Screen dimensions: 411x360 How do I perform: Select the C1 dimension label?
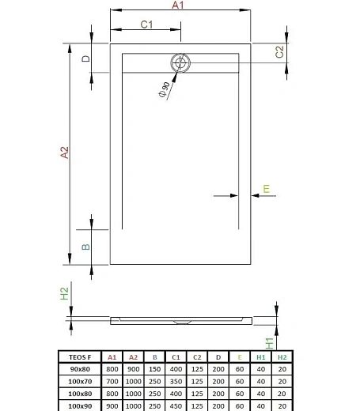point(146,25)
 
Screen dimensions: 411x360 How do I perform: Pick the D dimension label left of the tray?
point(86,59)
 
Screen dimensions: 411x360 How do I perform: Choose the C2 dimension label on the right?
point(279,51)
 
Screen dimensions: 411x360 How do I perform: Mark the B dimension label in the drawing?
point(85,247)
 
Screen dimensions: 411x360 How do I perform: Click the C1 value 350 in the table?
point(176,381)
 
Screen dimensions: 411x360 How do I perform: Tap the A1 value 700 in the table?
point(112,381)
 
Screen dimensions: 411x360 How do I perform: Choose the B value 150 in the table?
point(155,369)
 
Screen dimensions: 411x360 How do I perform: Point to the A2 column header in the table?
point(134,357)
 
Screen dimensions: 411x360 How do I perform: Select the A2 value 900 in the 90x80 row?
point(134,369)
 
